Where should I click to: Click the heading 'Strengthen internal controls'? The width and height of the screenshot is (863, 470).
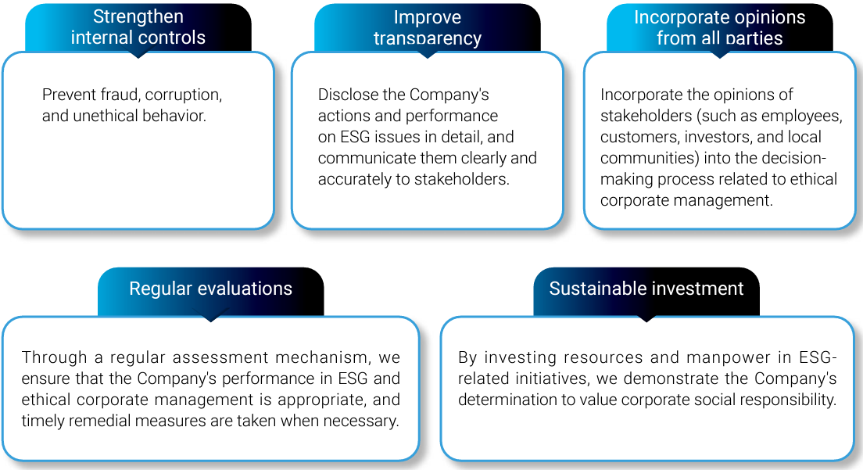tap(138, 27)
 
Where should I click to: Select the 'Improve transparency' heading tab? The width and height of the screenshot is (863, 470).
tap(428, 27)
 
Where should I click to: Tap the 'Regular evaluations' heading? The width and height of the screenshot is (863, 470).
tap(211, 289)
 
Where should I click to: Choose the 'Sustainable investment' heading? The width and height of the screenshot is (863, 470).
tap(646, 289)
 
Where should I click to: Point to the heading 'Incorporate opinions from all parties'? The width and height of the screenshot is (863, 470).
tap(720, 27)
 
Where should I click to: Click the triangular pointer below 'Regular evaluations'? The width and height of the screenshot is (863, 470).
tap(211, 318)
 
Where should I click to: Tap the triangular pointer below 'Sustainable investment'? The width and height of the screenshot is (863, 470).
tap(646, 318)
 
